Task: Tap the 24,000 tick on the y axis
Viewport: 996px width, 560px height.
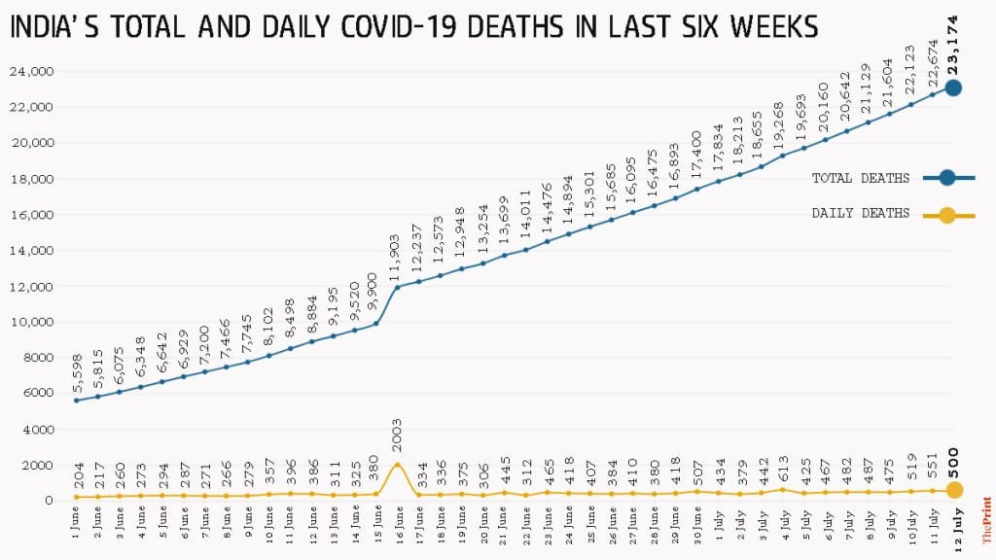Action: tap(33, 72)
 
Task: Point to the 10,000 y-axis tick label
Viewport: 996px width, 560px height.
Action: tap(33, 323)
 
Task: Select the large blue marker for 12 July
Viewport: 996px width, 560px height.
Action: tap(954, 87)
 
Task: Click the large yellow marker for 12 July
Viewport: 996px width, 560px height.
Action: tap(954, 490)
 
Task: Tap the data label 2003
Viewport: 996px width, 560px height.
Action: tap(396, 437)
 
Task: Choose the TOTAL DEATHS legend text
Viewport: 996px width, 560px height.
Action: tap(861, 178)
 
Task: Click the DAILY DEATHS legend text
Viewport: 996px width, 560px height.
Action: tap(861, 213)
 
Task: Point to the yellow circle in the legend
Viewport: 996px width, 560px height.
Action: tap(946, 213)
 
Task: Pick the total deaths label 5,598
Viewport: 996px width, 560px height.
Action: tap(76, 373)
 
